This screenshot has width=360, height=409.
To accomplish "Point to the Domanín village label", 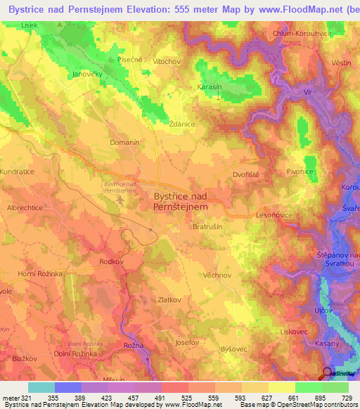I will [x=125, y=142].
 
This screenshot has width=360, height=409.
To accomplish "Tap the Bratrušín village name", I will [x=208, y=227].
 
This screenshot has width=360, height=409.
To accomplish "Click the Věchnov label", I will [x=216, y=275].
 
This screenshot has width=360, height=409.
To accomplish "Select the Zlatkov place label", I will [x=170, y=299].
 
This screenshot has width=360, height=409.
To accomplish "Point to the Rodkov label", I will [x=112, y=261].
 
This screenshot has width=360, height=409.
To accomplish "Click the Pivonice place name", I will [x=300, y=171].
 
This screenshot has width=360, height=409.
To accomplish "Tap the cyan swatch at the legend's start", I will [x=41, y=387].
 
